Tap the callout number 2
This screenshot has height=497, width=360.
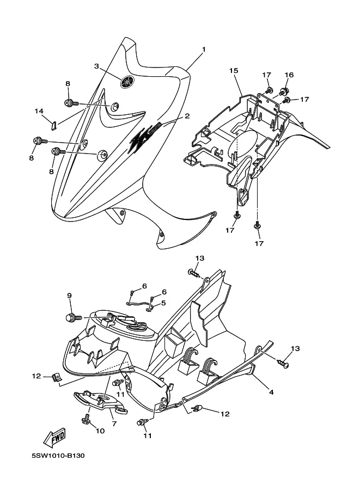click(187, 116)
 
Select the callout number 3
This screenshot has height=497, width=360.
click(96, 66)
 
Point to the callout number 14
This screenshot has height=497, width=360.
click(39, 111)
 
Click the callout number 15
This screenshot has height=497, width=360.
click(233, 71)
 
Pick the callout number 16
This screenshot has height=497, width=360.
click(289, 75)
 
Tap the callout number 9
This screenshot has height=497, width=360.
click(69, 296)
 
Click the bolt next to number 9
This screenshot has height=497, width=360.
click(71, 316)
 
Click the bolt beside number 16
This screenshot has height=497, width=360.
click(284, 90)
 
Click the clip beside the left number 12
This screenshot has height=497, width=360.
click(56, 377)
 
